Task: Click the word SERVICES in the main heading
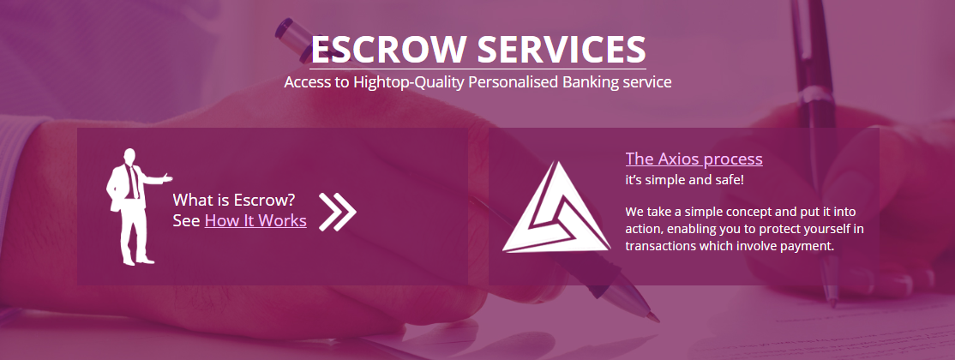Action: [x=562, y=50]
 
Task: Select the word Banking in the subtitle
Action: [x=586, y=82]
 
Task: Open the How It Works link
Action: [x=255, y=220]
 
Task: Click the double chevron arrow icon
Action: [x=338, y=212]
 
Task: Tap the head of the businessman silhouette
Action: [x=129, y=157]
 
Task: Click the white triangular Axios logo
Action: [x=556, y=207]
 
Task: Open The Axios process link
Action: [x=694, y=159]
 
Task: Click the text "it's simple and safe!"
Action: [x=685, y=180]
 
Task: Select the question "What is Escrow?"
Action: [x=234, y=199]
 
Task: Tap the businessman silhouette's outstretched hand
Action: [x=167, y=178]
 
